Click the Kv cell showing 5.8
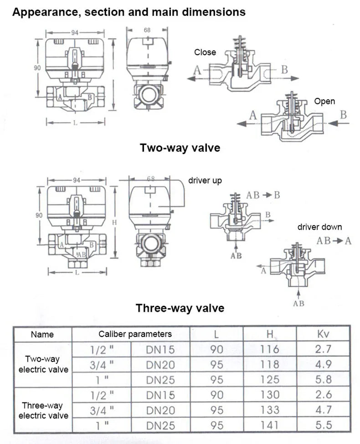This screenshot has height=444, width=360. coord(323,379)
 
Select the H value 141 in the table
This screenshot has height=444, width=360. coord(270,425)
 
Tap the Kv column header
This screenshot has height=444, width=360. coord(323,334)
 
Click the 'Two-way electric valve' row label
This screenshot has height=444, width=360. coord(43,364)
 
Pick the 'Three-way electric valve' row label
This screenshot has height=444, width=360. coord(43,410)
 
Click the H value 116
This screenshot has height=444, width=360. coord(270,350)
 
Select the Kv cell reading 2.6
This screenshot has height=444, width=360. coord(323,395)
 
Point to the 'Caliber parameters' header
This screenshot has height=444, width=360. coord(135,334)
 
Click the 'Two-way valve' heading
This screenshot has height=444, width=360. coord(180,148)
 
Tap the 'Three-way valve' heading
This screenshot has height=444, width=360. coord(180,308)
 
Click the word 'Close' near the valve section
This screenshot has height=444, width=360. coord(205,52)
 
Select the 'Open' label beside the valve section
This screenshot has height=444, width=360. coord(324,101)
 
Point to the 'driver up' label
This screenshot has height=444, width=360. coord(205,181)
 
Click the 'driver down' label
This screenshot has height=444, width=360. coord(319,227)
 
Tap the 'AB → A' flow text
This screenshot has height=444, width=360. coord(334,240)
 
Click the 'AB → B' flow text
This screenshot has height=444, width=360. coord(263,195)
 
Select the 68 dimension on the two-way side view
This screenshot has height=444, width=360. coord(148,30)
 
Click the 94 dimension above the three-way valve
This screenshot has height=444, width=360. coord(76,181)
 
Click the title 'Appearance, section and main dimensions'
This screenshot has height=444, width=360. coord(129,12)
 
